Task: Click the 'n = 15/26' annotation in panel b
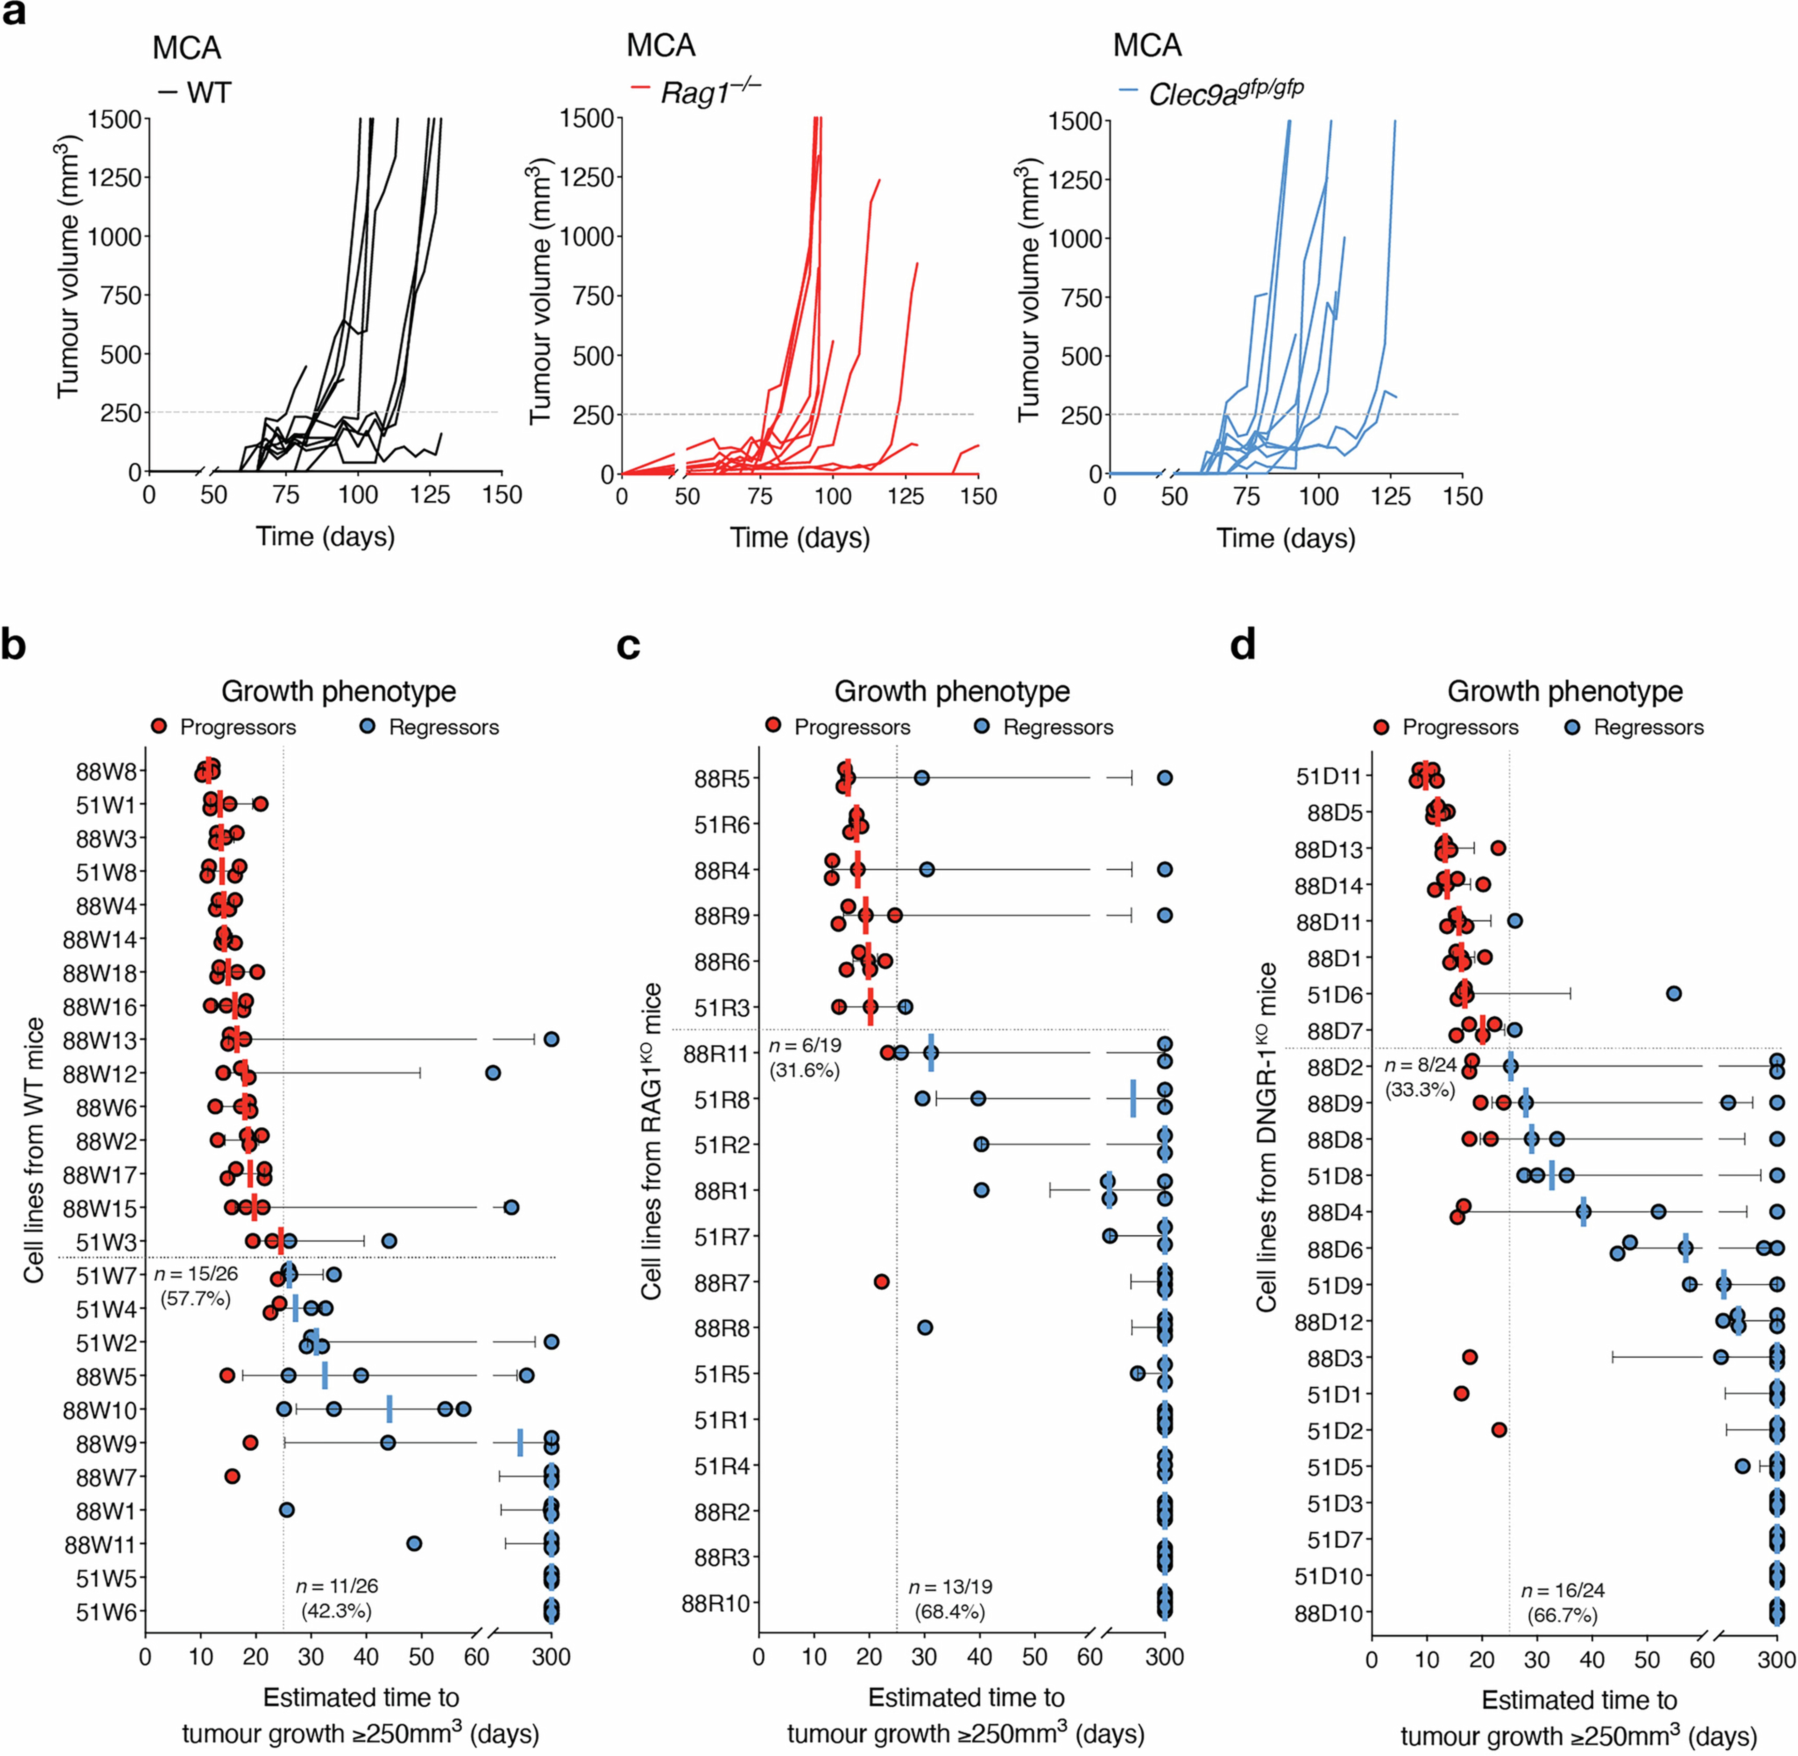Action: (x=196, y=1275)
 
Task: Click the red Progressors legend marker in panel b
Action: (x=160, y=727)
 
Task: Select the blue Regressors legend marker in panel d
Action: (x=1573, y=727)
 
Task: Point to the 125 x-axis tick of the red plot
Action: (x=905, y=497)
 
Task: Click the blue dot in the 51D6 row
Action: (x=1674, y=993)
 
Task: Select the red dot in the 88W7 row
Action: (x=232, y=1476)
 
